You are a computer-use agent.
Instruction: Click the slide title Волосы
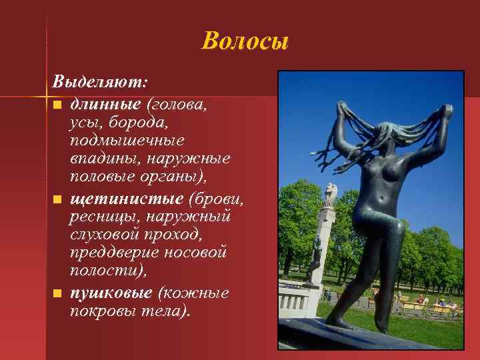(x=245, y=41)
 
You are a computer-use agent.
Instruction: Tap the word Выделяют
(x=100, y=83)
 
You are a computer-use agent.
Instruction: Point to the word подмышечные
(x=127, y=141)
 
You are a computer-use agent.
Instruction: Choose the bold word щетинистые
(x=127, y=198)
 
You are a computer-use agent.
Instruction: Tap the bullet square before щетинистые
(x=58, y=199)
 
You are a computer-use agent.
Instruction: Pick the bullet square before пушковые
(x=58, y=293)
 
